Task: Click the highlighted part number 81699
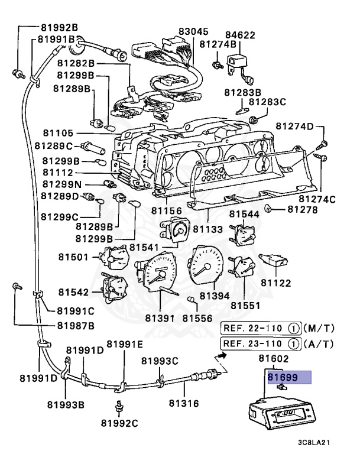282,375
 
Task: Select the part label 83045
194,32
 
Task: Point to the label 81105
58,133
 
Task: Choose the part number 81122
276,283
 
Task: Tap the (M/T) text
319,328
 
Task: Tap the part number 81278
303,209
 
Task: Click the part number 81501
73,257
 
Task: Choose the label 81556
197,318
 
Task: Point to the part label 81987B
76,326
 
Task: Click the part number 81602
273,359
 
